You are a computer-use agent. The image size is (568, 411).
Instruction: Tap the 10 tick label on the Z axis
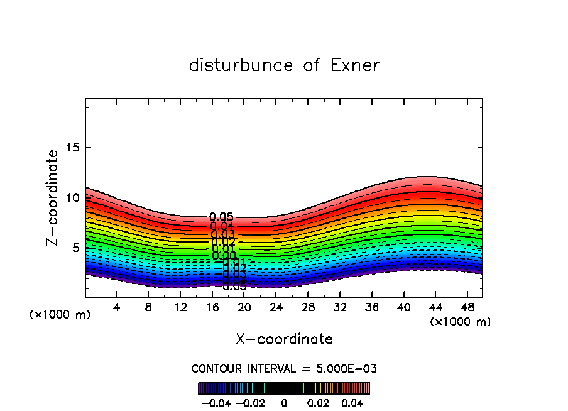click(x=73, y=197)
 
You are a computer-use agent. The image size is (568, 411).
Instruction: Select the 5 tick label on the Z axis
click(x=76, y=248)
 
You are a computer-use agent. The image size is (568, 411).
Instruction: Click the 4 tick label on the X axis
click(x=117, y=307)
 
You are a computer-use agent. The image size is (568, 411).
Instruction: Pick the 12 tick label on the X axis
click(x=180, y=307)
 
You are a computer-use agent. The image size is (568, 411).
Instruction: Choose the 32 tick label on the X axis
click(x=339, y=307)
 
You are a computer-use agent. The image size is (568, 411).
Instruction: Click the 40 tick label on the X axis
click(x=403, y=307)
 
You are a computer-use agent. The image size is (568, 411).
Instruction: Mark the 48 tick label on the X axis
click(x=467, y=307)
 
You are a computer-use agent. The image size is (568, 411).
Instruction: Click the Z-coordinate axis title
click(x=53, y=197)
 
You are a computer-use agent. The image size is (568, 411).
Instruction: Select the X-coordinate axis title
click(x=284, y=339)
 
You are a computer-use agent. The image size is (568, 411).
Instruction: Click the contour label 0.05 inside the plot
click(x=221, y=217)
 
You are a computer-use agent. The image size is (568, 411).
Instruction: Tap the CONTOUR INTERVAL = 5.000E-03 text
click(x=284, y=368)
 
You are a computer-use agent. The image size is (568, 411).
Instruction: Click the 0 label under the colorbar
click(x=284, y=402)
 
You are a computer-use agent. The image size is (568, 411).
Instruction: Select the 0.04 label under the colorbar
click(x=353, y=402)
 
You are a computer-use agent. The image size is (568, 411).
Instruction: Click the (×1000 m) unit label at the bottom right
click(x=461, y=322)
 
